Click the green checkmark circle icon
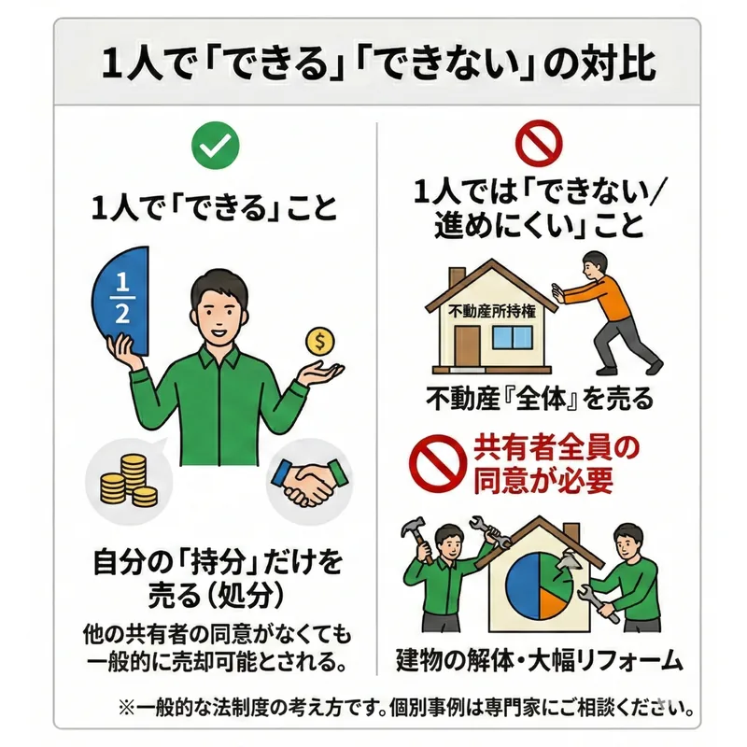[x=215, y=146]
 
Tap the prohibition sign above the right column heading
[x=540, y=144]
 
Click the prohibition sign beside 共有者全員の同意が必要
[x=437, y=463]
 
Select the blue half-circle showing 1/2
[x=121, y=301]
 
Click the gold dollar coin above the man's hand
[x=320, y=341]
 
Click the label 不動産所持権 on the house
[x=492, y=312]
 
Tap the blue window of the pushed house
[x=512, y=337]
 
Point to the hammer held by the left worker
[x=417, y=539]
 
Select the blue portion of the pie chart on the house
[x=522, y=585]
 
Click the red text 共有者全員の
[x=556, y=448]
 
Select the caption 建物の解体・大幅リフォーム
[x=540, y=660]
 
